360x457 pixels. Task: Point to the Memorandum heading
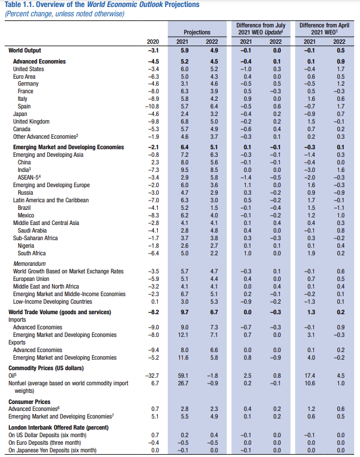[x=29, y=263]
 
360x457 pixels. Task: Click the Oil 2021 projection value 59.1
[x=183, y=376]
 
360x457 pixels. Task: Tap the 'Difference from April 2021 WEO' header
[x=324, y=29]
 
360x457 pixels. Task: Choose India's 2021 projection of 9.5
[x=183, y=169]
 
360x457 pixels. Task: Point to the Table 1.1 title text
[x=101, y=5]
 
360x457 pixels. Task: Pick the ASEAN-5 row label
[x=30, y=177]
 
